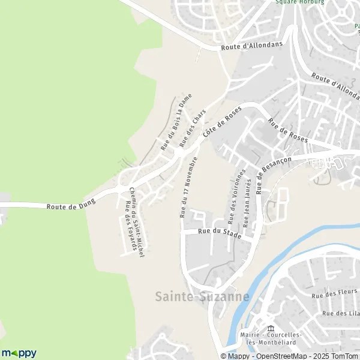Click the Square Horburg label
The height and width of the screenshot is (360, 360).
pos(299,2)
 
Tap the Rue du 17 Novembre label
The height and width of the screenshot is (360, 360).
pos(188,187)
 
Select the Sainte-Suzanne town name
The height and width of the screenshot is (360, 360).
pos(202,296)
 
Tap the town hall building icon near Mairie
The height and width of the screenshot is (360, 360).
pos(270,329)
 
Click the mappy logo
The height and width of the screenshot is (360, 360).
pos(19,353)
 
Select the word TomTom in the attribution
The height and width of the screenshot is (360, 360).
pos(344,356)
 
